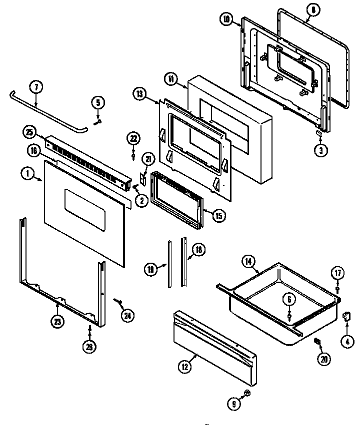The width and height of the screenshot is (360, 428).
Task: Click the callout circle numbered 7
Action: (x=35, y=87)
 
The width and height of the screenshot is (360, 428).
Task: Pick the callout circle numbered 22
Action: (x=133, y=138)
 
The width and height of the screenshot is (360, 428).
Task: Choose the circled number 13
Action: (x=139, y=93)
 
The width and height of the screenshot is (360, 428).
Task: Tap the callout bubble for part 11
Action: (x=170, y=79)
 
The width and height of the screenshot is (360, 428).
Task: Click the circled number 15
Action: (x=218, y=216)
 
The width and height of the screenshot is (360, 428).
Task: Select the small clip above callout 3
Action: (x=317, y=134)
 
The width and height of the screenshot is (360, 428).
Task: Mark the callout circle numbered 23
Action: (x=58, y=322)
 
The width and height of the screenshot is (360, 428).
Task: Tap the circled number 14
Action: (x=248, y=261)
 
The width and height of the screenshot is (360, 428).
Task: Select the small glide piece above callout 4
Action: (x=345, y=316)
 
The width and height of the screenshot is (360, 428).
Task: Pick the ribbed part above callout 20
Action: (x=316, y=340)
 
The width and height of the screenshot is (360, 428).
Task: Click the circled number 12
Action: (x=184, y=366)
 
